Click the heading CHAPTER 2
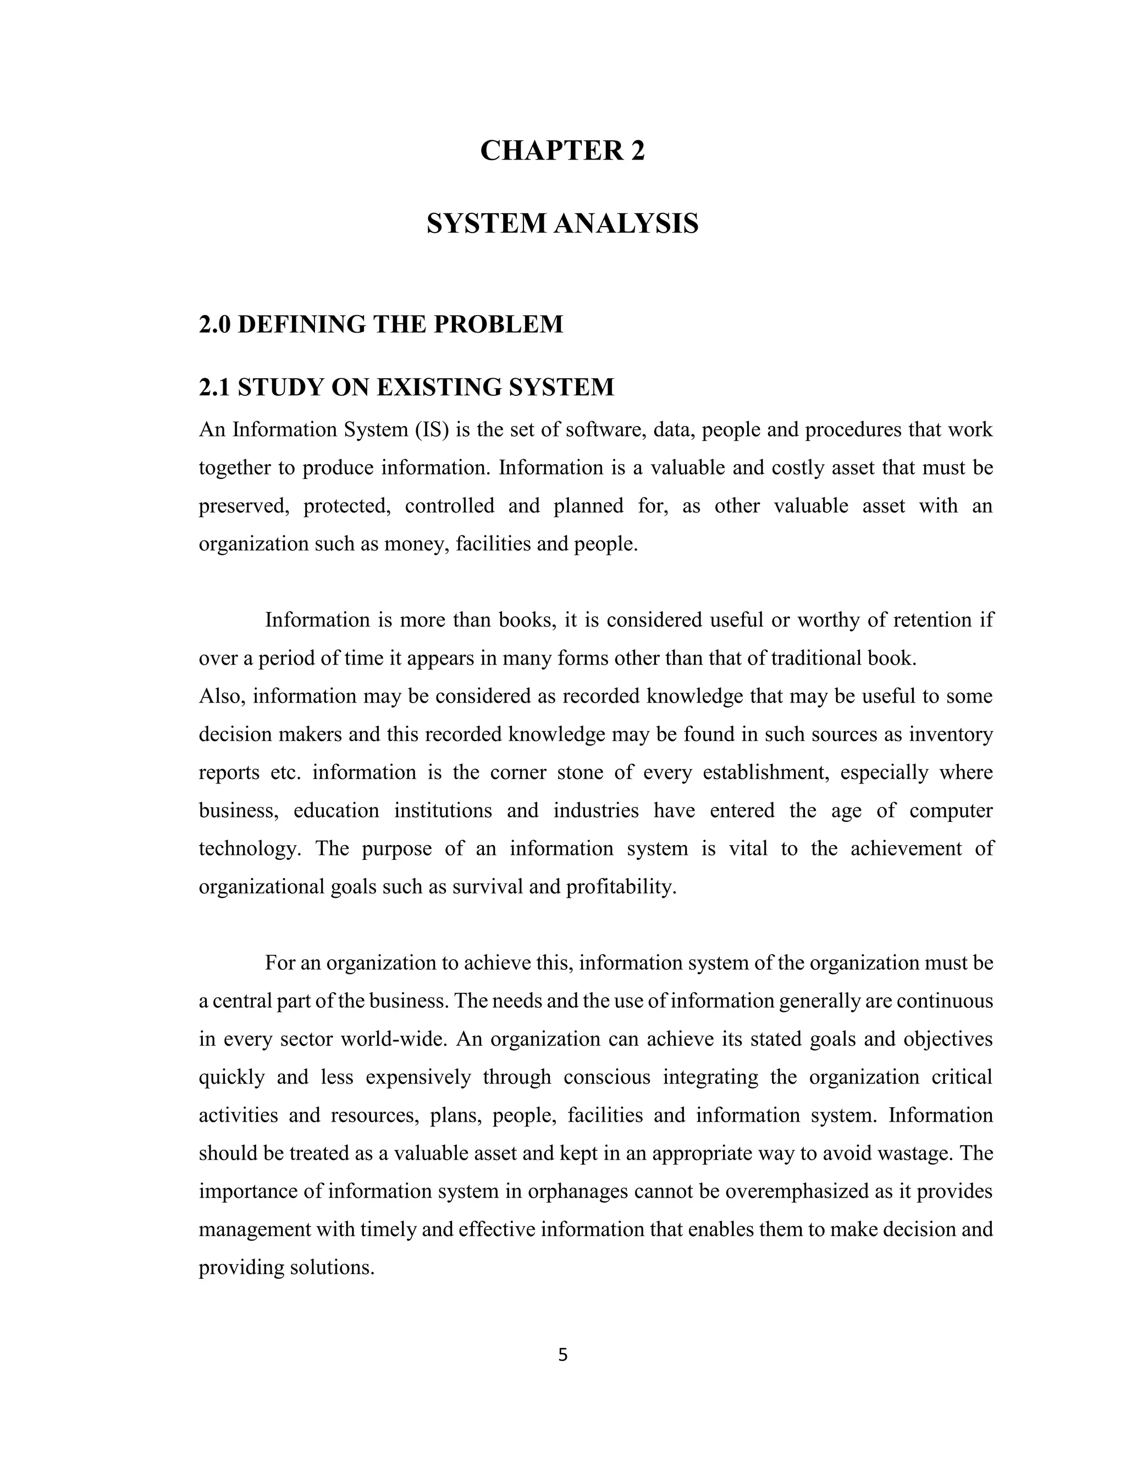pyautogui.click(x=562, y=151)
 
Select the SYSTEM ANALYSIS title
pyautogui.click(x=562, y=223)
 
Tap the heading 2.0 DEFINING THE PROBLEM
pyautogui.click(x=381, y=325)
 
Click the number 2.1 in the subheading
pyautogui.click(x=214, y=387)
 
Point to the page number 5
pyautogui.click(x=562, y=1355)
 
